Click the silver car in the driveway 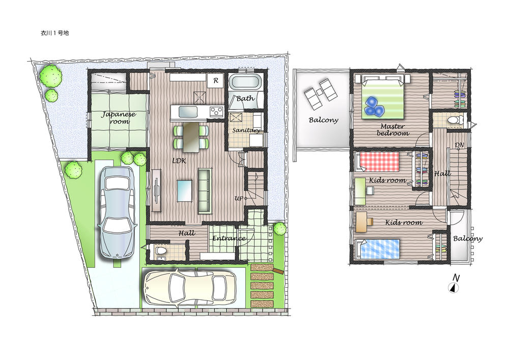[x=118, y=212]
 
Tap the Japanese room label [x=119, y=118]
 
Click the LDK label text [x=179, y=160]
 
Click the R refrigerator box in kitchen [x=215, y=80]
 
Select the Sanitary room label [x=246, y=130]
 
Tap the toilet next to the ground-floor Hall [x=161, y=252]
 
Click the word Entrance [x=229, y=238]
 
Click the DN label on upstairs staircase [x=459, y=145]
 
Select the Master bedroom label [x=393, y=129]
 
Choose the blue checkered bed [x=378, y=250]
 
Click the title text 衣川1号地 [x=54, y=33]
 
